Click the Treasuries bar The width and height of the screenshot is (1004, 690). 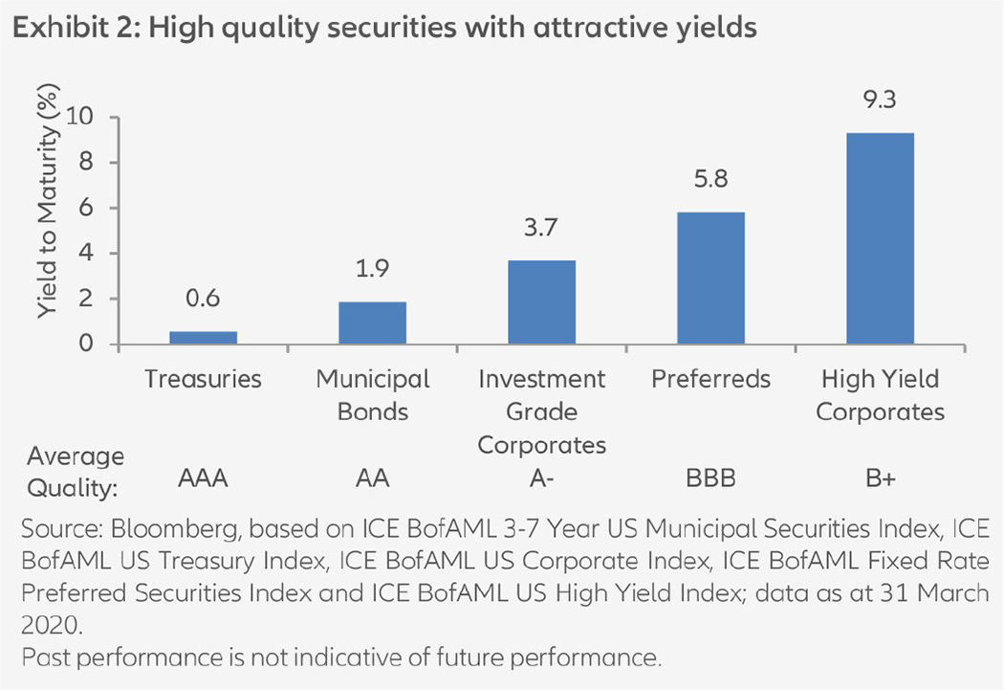[x=203, y=338]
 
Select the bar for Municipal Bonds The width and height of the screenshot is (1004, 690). [x=372, y=323]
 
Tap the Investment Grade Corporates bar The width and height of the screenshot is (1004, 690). [x=541, y=302]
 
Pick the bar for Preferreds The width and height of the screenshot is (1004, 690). [x=710, y=278]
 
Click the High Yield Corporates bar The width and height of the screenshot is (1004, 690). [x=880, y=239]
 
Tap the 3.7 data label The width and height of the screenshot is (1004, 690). [x=541, y=231]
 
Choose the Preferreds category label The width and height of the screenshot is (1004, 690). [x=710, y=379]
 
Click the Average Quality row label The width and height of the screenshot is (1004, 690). [x=75, y=471]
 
